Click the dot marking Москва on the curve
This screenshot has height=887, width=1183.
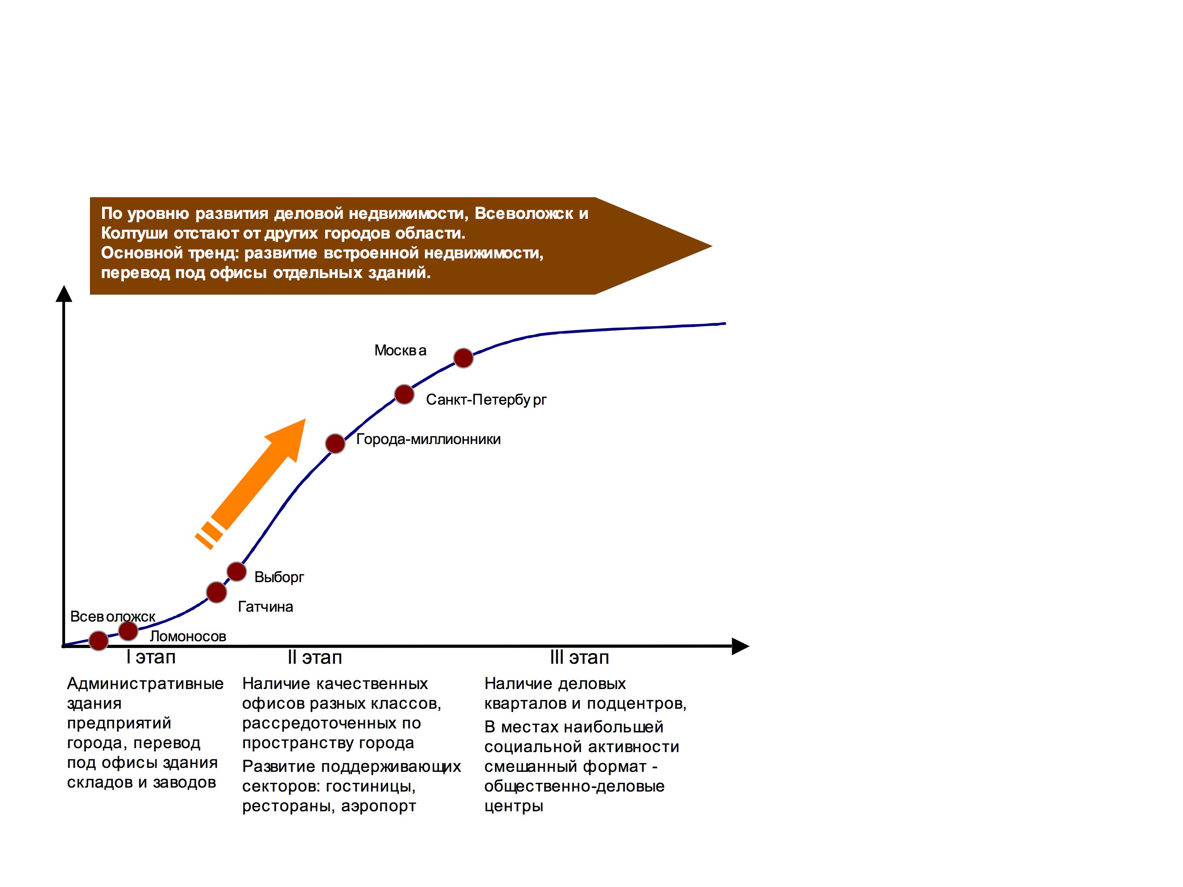463,358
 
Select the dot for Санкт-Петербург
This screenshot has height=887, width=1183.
404,394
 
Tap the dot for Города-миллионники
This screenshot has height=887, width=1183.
335,443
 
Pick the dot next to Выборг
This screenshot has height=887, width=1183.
236,571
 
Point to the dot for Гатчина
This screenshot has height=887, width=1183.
217,592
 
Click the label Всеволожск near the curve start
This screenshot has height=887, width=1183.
113,616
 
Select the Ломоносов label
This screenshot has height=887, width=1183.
188,636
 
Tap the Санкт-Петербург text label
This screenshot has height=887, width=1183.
486,400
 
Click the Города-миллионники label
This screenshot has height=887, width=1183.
428,439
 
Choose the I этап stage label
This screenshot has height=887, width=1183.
151,657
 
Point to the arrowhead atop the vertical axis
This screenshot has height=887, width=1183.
64,293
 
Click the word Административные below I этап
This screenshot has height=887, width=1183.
145,684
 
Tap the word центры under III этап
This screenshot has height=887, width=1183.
514,806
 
